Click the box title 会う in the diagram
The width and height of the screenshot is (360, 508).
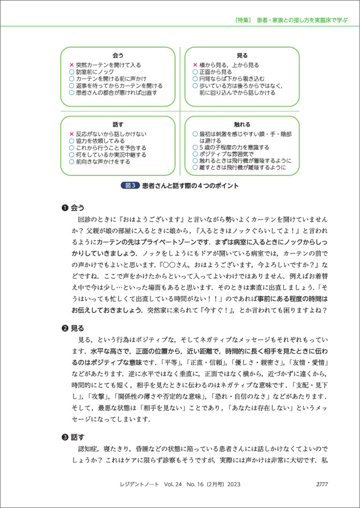pyautogui.click(x=118, y=55)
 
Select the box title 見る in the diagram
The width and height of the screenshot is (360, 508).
pyautogui.click(x=242, y=55)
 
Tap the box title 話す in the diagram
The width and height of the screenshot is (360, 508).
pyautogui.click(x=118, y=124)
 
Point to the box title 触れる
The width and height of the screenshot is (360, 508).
pyautogui.click(x=242, y=124)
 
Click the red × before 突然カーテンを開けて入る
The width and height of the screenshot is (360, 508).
pyautogui.click(x=72, y=66)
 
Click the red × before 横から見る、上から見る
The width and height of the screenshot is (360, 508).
pyautogui.click(x=195, y=66)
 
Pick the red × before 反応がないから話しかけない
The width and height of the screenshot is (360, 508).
pyautogui.click(x=72, y=134)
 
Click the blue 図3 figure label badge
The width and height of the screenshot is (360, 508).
pyautogui.click(x=132, y=186)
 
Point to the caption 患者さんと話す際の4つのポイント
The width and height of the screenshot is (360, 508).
pyautogui.click(x=190, y=186)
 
